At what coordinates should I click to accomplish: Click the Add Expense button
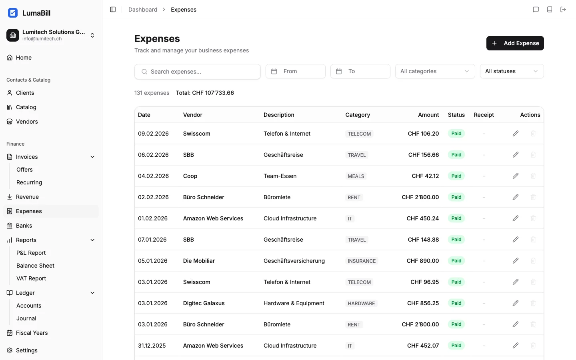(515, 43)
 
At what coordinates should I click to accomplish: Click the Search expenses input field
(198, 72)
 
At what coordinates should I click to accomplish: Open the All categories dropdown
(435, 71)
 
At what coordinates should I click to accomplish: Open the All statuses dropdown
(512, 71)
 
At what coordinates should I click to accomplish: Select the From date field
(295, 71)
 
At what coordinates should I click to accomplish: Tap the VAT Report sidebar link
(31, 278)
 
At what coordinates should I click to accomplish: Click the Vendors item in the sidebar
(27, 122)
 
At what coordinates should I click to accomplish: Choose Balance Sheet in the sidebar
(35, 266)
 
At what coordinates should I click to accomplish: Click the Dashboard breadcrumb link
(143, 10)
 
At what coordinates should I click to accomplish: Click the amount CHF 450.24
(422, 218)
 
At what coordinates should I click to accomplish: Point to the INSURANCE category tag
(362, 261)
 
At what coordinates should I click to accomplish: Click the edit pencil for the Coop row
(516, 176)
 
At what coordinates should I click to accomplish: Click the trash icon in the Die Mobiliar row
(533, 261)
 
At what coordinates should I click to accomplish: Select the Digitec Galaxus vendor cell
(204, 303)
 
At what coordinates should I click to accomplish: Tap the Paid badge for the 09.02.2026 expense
(456, 134)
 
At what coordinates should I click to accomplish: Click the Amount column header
(428, 115)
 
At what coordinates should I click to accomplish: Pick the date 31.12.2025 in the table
(152, 346)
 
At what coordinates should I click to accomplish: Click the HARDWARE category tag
(361, 304)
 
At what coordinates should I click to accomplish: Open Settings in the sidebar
(27, 350)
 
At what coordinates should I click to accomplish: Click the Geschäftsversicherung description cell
(294, 261)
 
